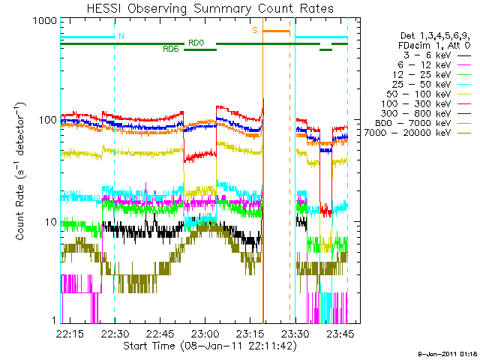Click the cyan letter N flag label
pos(121,35)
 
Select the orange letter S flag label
pos(255,30)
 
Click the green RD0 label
pos(196,43)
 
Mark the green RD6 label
pos(170,49)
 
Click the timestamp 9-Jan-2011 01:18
pos(447,352)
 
